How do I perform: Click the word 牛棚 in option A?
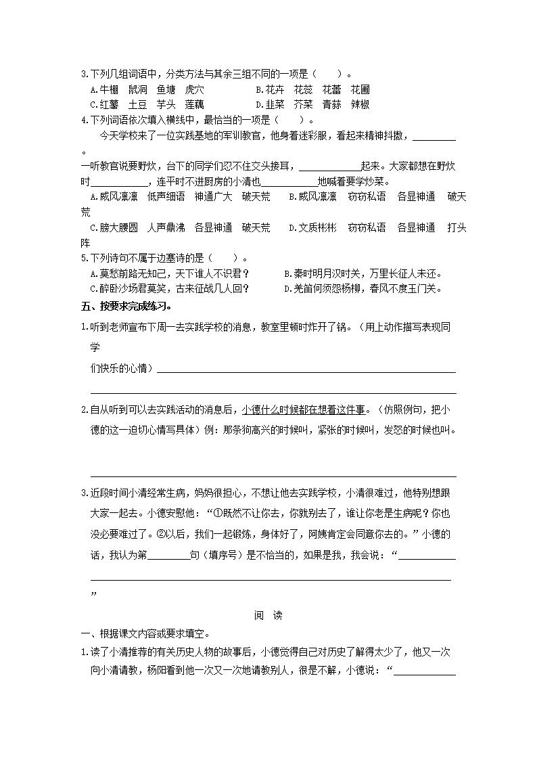(109, 89)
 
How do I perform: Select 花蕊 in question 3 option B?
(303, 89)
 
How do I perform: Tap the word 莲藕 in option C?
(194, 105)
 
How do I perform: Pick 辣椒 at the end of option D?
(360, 105)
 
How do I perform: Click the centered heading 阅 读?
(268, 616)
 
